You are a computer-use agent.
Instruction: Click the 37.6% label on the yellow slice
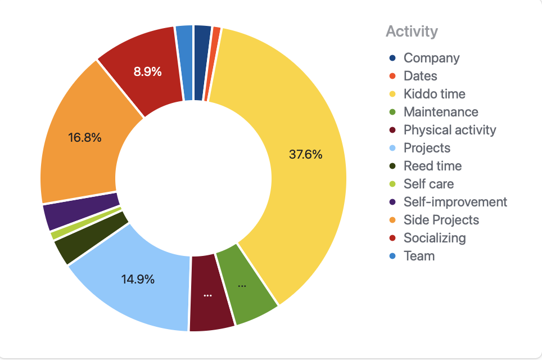coord(305,155)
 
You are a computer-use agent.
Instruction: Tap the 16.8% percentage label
coord(85,137)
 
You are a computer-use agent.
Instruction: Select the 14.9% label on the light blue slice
coord(138,279)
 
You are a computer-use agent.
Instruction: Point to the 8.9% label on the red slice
coord(147,71)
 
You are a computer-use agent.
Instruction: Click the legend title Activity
coord(411,31)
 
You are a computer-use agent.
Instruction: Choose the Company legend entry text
coord(431,58)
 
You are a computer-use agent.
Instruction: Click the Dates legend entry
coord(420,76)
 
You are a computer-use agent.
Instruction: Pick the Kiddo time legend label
coord(434,94)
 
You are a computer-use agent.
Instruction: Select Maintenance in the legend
coord(441,112)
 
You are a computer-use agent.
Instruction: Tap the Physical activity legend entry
coord(450,130)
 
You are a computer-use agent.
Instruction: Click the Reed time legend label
coord(432,166)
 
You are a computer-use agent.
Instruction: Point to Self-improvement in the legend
coord(455,202)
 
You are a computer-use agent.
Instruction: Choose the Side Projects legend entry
coord(441,220)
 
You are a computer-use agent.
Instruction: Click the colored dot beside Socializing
coord(392,238)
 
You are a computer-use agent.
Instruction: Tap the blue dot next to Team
coord(392,256)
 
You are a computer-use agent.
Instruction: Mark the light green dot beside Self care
coord(392,184)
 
